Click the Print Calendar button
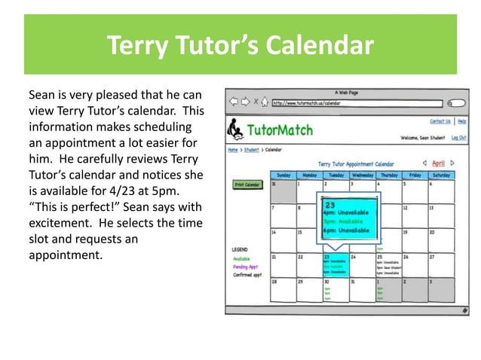point(247,185)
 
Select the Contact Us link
point(440,121)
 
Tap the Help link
point(461,121)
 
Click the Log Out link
point(458,138)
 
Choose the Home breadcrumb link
point(233,150)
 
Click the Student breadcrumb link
point(250,150)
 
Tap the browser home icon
point(265,102)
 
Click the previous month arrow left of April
point(424,163)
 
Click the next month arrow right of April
point(453,163)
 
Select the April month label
point(438,163)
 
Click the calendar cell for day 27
point(440,264)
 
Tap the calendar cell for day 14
point(283,239)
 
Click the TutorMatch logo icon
point(236,130)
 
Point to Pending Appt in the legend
point(245,267)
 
